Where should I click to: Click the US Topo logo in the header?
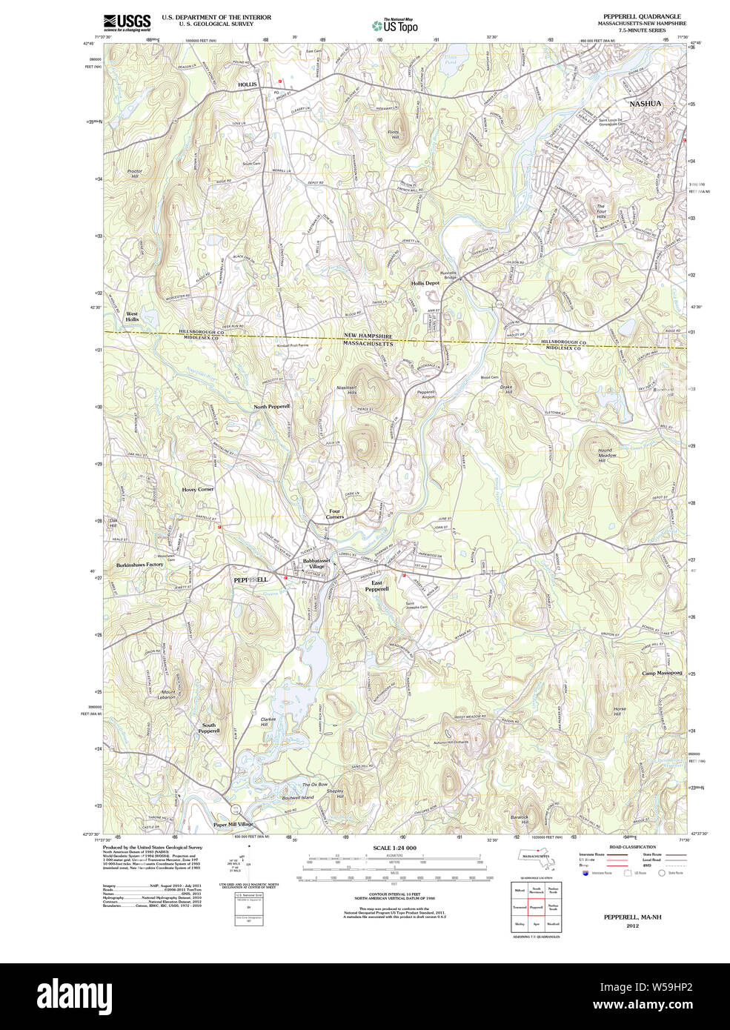coord(395,25)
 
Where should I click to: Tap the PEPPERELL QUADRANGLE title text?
coord(642,16)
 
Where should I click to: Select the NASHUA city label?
coord(645,104)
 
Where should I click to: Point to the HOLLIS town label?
coord(247,84)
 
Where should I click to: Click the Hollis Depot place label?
coord(425,283)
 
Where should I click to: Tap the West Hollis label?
coord(132,316)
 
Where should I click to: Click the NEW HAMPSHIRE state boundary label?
coord(368,336)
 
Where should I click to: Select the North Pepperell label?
coord(272,407)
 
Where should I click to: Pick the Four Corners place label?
coord(335,514)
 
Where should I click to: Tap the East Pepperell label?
coord(376,586)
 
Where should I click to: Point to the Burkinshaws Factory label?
coord(139,565)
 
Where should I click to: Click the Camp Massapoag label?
coord(662,673)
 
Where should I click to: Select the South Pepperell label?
coord(209,728)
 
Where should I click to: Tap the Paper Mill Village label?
coord(233,824)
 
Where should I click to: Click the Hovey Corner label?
coord(198,490)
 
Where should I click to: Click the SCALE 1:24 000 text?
coord(394,848)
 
